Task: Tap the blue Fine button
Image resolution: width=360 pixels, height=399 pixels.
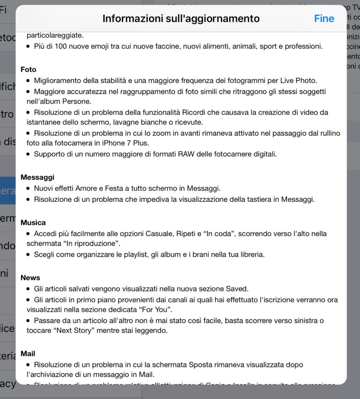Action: point(324,19)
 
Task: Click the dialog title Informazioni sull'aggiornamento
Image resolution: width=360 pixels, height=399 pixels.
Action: point(181,19)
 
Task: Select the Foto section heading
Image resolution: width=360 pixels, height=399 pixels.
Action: point(28,70)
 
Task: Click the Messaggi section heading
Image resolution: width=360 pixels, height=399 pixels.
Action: point(37,177)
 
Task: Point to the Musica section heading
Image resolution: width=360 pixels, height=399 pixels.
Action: point(33,223)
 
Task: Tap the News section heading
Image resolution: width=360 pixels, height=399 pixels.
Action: point(30,278)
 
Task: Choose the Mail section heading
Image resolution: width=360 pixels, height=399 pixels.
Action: point(28,354)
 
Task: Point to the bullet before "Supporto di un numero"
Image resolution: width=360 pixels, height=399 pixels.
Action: point(28,154)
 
